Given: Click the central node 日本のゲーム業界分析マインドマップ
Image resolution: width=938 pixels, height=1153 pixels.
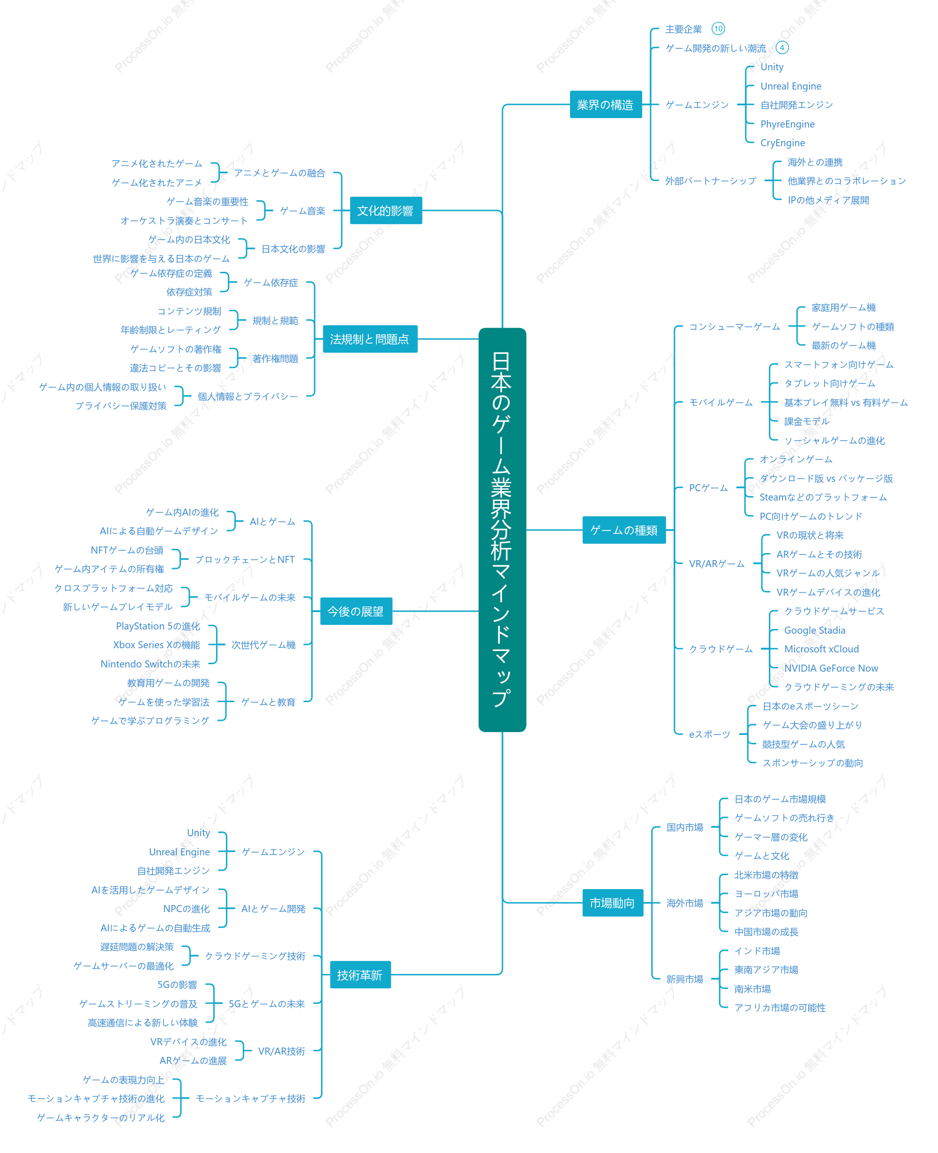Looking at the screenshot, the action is pyautogui.click(x=502, y=530).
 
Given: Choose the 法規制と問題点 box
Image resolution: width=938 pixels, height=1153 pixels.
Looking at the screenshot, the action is pyautogui.click(x=370, y=339).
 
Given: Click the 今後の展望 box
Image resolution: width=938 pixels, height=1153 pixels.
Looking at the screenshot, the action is pyautogui.click(x=356, y=611).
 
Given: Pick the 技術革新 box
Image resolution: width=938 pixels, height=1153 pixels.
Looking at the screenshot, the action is pyautogui.click(x=360, y=975).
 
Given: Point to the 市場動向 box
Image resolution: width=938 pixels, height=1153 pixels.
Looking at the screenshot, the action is pyautogui.click(x=613, y=903).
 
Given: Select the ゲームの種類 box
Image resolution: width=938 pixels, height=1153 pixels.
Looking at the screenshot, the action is pyautogui.click(x=624, y=530).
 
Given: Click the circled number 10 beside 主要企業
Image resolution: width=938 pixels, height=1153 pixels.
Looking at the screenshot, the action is pyautogui.click(x=718, y=29).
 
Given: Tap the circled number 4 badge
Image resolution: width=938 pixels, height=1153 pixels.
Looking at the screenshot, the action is pyautogui.click(x=782, y=47).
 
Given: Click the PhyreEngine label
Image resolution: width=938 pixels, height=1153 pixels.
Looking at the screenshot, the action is pyautogui.click(x=787, y=124).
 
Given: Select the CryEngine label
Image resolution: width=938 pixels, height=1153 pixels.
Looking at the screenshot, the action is pyautogui.click(x=782, y=142).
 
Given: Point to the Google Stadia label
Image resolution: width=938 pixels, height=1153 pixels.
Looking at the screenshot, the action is pyautogui.click(x=815, y=630).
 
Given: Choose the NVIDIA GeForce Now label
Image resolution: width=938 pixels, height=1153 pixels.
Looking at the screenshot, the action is pyautogui.click(x=831, y=668).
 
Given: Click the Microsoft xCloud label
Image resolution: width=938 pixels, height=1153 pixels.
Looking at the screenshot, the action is pyautogui.click(x=821, y=649).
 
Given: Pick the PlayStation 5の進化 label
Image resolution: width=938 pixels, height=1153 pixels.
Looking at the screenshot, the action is pyautogui.click(x=158, y=626).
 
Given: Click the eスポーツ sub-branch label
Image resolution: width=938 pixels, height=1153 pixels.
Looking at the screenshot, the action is pyautogui.click(x=709, y=734).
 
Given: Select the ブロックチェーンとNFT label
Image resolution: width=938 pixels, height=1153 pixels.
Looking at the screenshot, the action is pyautogui.click(x=245, y=559).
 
